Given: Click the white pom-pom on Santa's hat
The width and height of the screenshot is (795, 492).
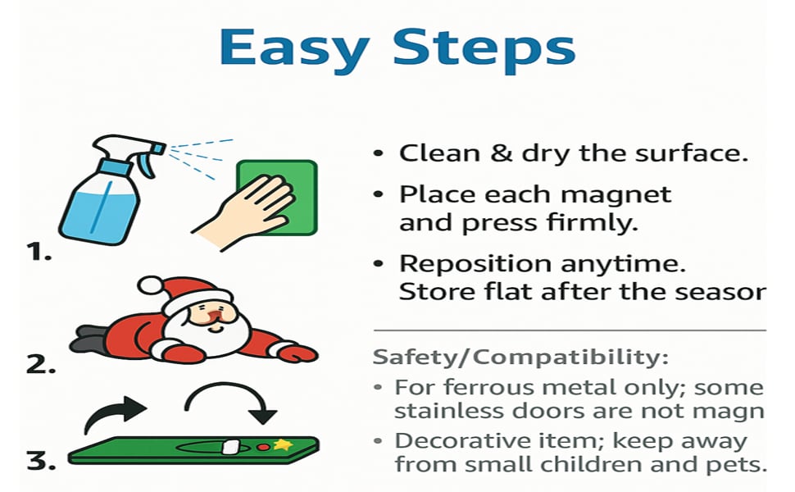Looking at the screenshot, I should tap(149, 285).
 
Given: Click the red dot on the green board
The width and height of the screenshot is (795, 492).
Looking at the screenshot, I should tap(264, 448).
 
